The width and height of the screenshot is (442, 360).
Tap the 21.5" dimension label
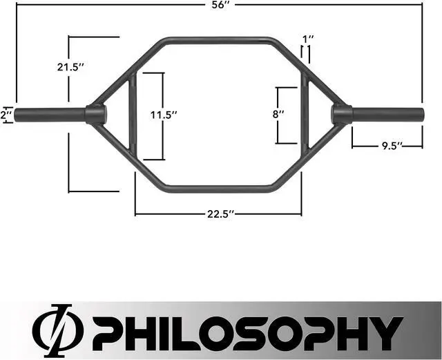click(x=70, y=67)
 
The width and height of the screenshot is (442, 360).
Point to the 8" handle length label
click(x=279, y=115)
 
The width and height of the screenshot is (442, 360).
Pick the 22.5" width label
click(x=218, y=214)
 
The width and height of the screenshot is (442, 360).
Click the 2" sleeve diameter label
click(x=6, y=115)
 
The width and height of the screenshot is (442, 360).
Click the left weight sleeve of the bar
click(x=50, y=114)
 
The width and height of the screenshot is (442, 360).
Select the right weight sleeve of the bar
click(x=387, y=114)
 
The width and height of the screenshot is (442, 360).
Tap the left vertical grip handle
click(x=133, y=114)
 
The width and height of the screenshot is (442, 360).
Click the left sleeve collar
click(x=95, y=114)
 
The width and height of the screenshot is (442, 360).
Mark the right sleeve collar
click(x=341, y=114)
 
